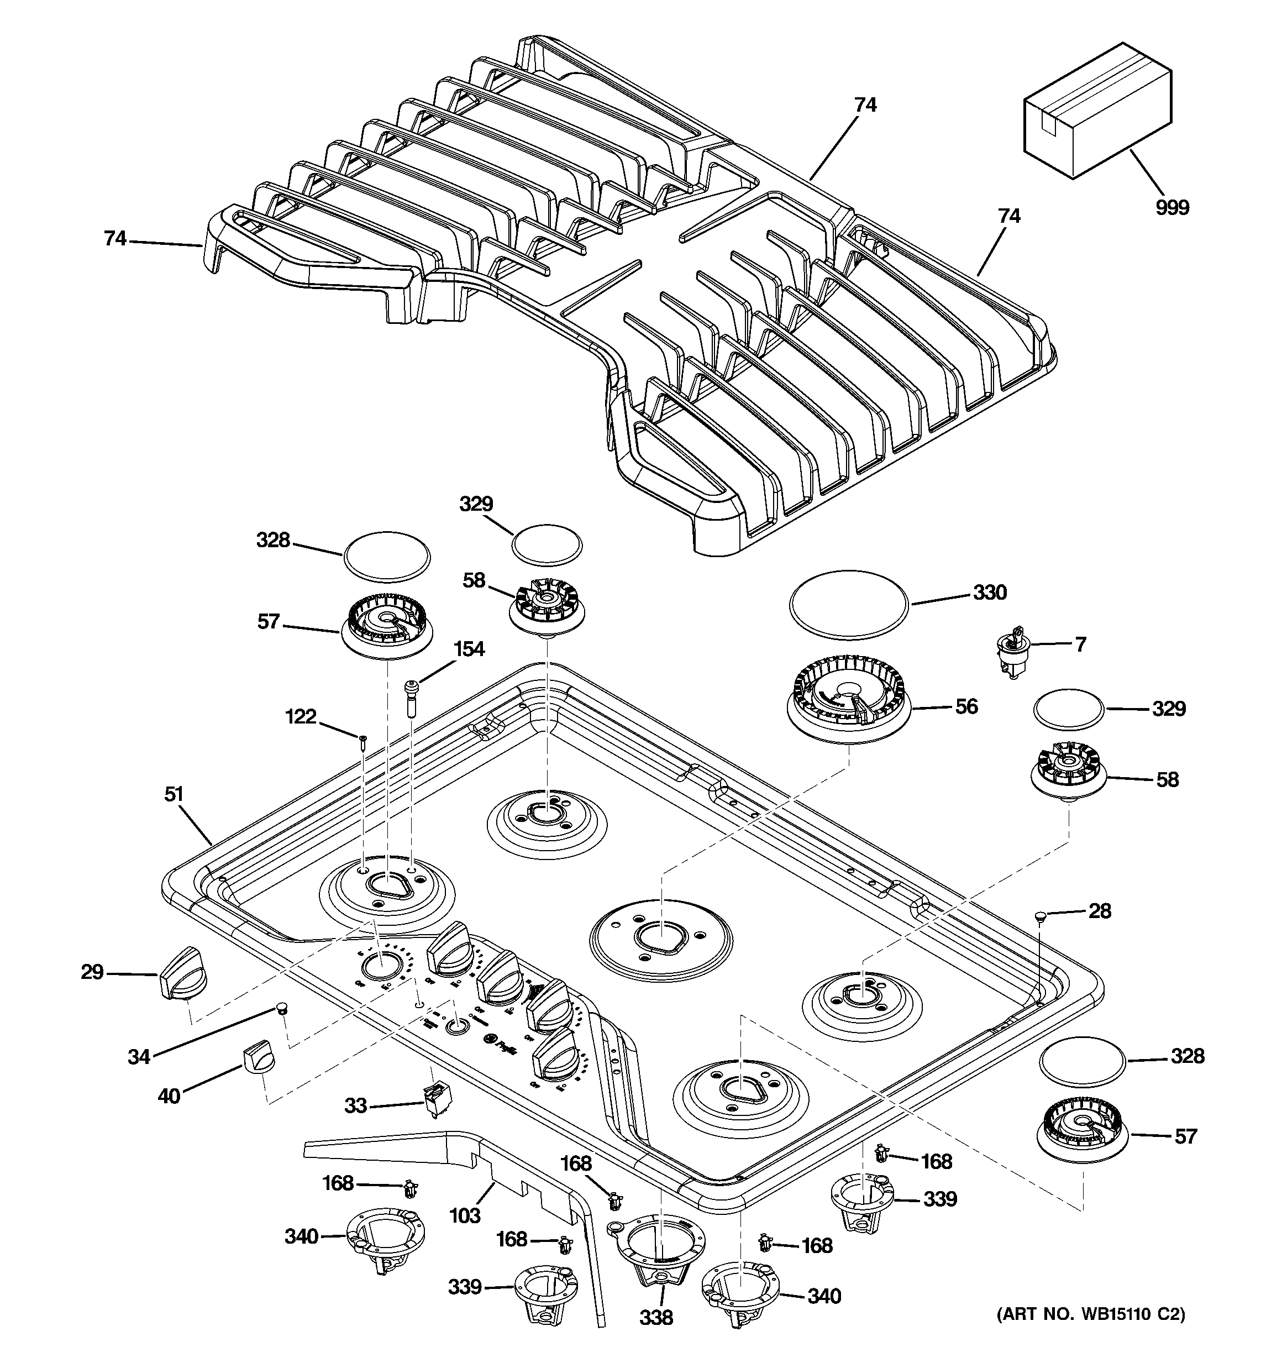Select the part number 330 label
tap(990, 593)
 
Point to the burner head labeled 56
tap(848, 705)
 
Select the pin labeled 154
tap(412, 699)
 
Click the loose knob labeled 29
tap(182, 972)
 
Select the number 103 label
tap(465, 1216)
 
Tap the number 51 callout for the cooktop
tap(174, 794)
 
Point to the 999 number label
tap(1172, 207)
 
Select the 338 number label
tap(656, 1317)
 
